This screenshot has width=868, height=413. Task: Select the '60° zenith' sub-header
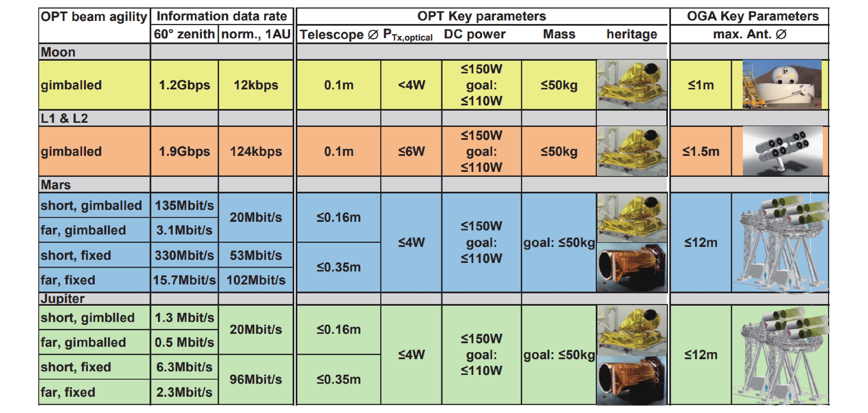[x=184, y=34]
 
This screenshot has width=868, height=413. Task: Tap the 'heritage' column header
[x=632, y=34]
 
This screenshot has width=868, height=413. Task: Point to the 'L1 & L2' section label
[x=64, y=118]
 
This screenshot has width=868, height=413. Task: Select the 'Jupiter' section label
[x=63, y=299]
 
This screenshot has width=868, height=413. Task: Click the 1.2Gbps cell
[x=184, y=85]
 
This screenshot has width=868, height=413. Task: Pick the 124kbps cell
[x=256, y=151]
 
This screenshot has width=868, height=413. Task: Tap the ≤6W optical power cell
[x=411, y=151]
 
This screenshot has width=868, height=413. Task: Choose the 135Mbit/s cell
[x=184, y=206]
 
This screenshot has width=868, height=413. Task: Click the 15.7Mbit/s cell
[x=184, y=280]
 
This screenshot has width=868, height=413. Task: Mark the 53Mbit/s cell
[x=256, y=255]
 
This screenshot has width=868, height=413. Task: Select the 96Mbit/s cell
[x=256, y=380]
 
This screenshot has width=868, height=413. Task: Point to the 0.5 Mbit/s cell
[x=184, y=342]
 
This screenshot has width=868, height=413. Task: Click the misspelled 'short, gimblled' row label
[x=88, y=318]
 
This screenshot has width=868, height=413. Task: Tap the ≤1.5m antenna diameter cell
[x=701, y=151]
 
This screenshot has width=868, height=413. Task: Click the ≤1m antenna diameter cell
[x=701, y=85]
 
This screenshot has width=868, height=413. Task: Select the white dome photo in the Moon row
[x=782, y=85]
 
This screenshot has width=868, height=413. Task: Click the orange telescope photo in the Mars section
[x=632, y=267]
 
